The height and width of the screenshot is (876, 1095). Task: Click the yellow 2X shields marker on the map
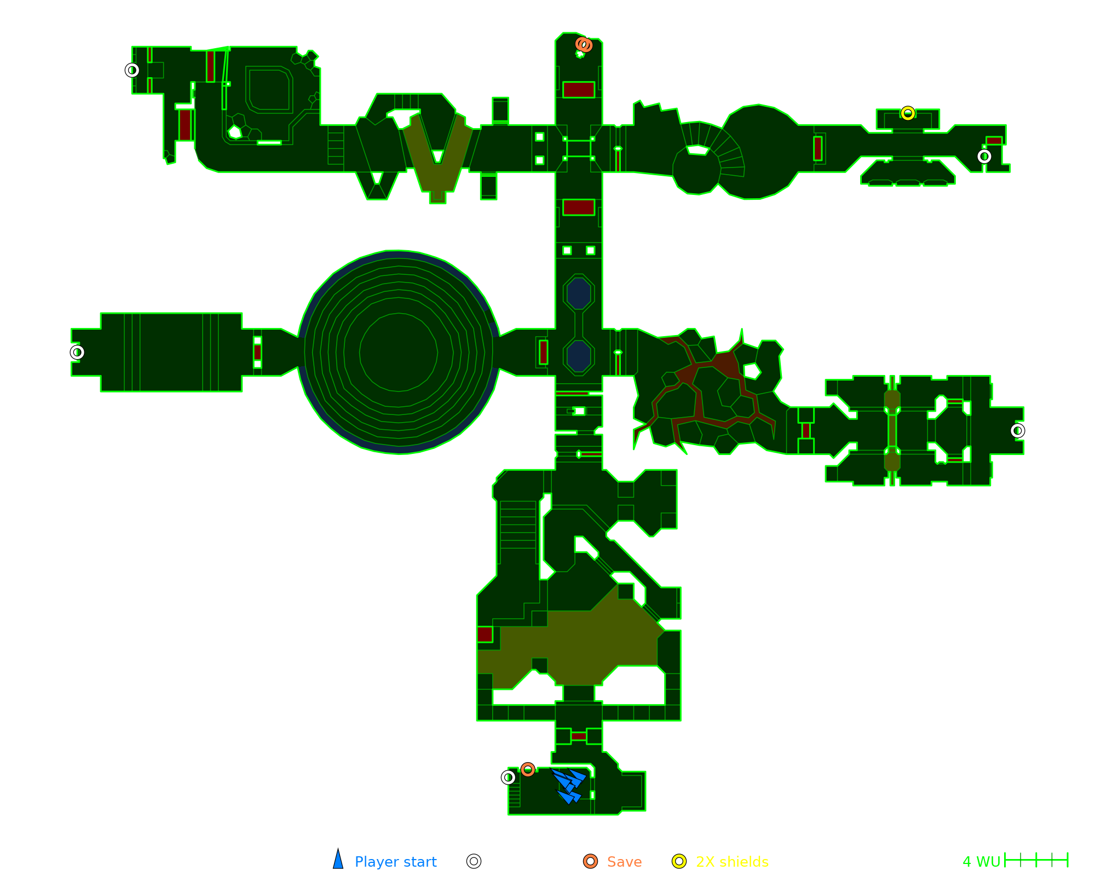[908, 113]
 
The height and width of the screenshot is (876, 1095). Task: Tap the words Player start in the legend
[395, 862]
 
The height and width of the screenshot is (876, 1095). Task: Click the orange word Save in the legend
[624, 862]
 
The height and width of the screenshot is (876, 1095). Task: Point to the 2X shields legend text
[732, 862]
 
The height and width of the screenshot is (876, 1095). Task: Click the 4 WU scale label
[981, 862]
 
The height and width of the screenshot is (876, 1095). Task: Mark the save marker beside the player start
[527, 770]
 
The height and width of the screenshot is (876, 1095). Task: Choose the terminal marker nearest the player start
[508, 777]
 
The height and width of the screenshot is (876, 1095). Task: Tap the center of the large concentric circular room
[399, 353]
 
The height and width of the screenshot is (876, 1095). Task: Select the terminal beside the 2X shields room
[984, 157]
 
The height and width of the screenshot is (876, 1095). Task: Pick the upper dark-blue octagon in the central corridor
[579, 293]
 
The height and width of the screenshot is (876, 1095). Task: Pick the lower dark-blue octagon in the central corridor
[579, 356]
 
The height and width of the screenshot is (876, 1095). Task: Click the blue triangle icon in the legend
[338, 860]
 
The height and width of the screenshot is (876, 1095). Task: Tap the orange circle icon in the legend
[590, 861]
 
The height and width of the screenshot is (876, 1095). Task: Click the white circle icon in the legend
[474, 861]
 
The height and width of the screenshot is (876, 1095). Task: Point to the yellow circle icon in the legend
[679, 861]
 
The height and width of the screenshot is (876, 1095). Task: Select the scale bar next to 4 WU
[1036, 860]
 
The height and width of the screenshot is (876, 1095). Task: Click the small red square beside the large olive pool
[485, 635]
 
